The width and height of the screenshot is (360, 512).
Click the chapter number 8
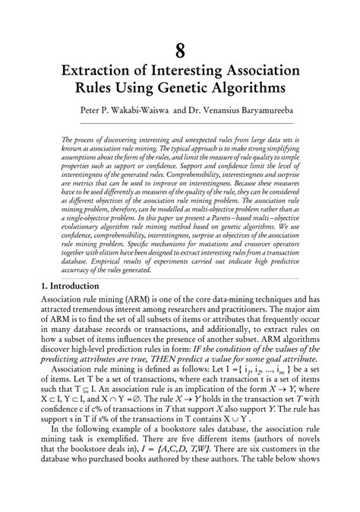[x=180, y=51]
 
